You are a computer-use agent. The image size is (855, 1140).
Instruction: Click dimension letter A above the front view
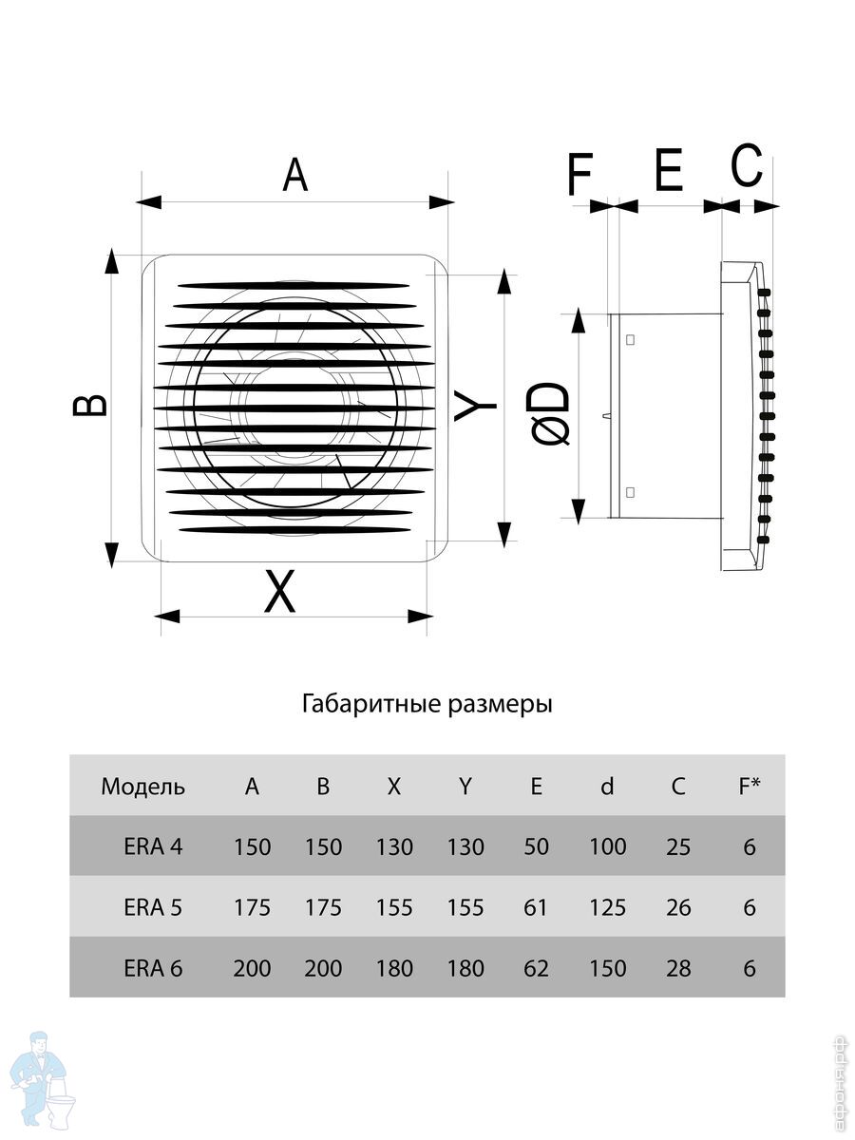(295, 176)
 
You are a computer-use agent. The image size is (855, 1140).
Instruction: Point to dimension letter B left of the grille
(91, 406)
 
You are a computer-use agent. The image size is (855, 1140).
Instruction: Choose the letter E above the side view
(669, 172)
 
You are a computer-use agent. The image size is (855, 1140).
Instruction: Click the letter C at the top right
(747, 166)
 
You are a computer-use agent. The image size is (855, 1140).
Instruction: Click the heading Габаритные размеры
(427, 705)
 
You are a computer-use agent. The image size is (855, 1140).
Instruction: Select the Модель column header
(143, 787)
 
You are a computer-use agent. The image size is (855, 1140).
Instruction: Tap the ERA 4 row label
(153, 846)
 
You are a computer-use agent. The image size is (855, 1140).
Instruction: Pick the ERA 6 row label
(153, 968)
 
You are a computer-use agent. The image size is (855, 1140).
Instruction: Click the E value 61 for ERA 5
(536, 907)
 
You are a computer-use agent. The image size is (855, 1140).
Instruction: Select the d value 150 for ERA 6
(607, 968)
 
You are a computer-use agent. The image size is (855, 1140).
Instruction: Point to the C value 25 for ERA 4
(678, 846)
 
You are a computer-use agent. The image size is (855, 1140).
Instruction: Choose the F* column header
(750, 787)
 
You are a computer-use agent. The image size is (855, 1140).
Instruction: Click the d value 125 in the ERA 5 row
(607, 907)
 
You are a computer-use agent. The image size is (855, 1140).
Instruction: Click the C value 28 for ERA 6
(678, 968)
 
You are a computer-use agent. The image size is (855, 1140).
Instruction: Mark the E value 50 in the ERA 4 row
(536, 846)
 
